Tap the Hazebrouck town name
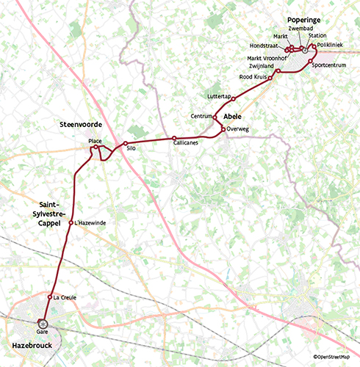[x=32, y=343]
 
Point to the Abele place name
[x=233, y=116]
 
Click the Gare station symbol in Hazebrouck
[x=43, y=322]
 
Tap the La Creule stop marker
[x=50, y=297]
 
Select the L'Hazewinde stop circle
[x=71, y=222]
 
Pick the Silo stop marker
[x=126, y=143]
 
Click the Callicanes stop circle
[x=174, y=138]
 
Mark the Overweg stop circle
[x=223, y=129]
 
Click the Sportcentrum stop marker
[x=311, y=61]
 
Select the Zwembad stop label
[x=301, y=28]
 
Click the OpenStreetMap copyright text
[x=334, y=357]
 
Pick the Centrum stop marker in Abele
[x=215, y=116]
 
